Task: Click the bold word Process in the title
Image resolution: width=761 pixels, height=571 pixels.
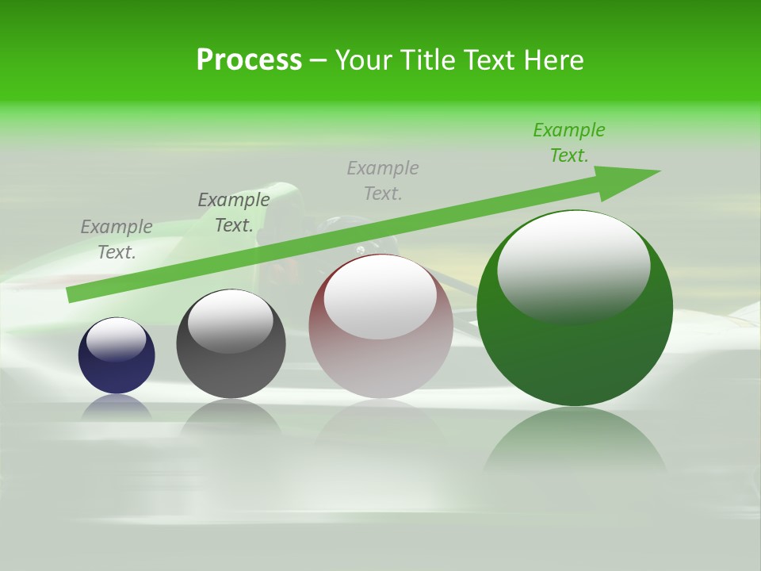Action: click(x=249, y=60)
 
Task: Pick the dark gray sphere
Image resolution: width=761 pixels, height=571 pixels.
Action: click(x=231, y=369)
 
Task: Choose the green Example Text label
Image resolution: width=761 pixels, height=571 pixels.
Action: click(x=569, y=143)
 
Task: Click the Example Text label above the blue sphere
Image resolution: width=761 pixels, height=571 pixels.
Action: click(x=117, y=240)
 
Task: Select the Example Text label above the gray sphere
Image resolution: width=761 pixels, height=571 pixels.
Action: click(x=234, y=213)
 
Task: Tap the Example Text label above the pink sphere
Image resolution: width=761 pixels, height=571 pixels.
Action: click(x=383, y=180)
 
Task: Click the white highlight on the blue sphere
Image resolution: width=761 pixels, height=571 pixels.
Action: click(x=116, y=339)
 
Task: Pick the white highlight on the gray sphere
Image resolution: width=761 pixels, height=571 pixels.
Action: click(x=230, y=321)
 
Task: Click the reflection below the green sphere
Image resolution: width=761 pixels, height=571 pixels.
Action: click(x=575, y=444)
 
